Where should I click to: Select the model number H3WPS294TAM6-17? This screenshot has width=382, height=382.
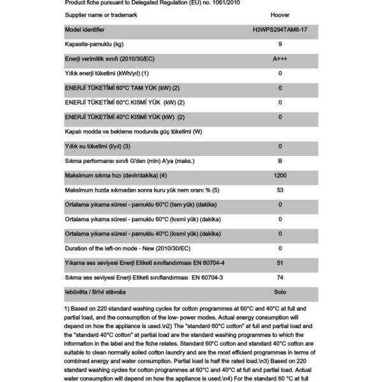click(x=280, y=29)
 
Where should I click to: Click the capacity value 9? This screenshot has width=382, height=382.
click(x=280, y=44)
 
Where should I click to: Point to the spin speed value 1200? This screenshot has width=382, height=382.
click(x=280, y=175)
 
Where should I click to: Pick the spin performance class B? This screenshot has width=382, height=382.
click(x=280, y=160)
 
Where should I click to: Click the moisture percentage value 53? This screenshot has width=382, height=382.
click(x=280, y=190)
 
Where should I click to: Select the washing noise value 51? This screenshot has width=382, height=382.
click(x=280, y=262)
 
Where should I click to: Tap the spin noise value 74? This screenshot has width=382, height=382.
click(x=280, y=277)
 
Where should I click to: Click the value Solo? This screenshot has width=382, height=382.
click(x=280, y=292)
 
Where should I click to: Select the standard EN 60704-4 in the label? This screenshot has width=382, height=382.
click(x=203, y=262)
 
